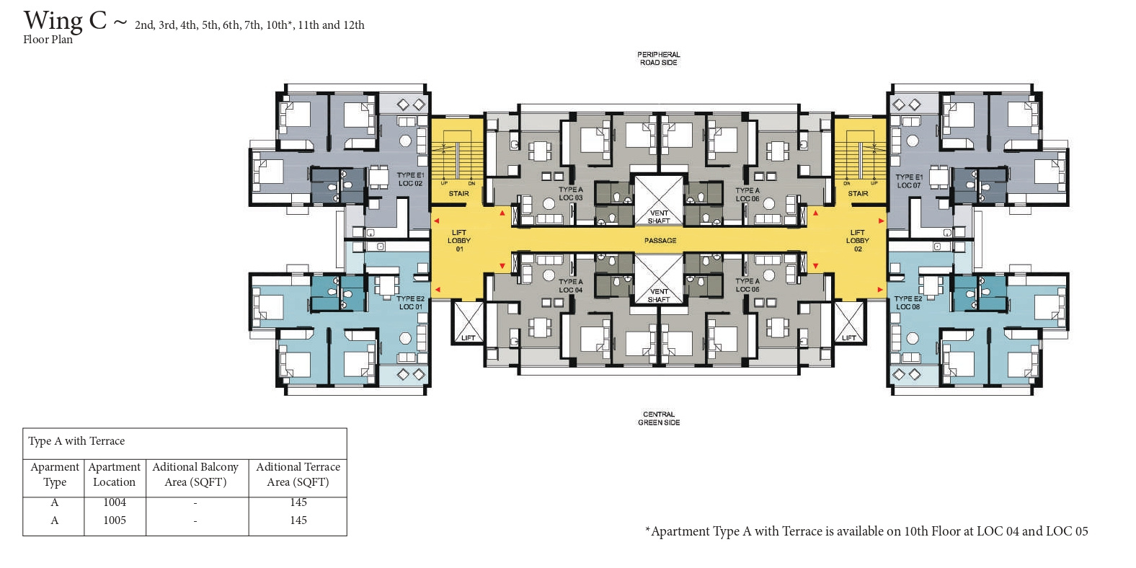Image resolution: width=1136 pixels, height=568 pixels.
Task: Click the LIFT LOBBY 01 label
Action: click(459, 241)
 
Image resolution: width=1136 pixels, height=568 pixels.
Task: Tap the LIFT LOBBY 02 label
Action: click(858, 241)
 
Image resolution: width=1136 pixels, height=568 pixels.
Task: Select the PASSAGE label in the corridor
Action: click(660, 240)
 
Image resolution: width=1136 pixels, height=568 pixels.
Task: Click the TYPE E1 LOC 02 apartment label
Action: click(410, 179)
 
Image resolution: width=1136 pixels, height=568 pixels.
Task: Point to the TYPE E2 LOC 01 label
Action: click(410, 303)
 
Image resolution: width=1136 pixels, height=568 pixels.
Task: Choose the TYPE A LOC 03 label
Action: click(571, 194)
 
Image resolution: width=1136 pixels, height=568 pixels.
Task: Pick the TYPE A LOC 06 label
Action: click(747, 194)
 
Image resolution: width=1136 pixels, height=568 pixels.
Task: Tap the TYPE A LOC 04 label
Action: click(571, 285)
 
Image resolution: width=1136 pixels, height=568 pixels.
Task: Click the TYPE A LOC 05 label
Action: click(747, 285)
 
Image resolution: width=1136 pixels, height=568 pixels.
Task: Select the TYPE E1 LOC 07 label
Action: click(909, 181)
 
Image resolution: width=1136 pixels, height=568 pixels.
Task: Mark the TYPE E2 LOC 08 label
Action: click(908, 303)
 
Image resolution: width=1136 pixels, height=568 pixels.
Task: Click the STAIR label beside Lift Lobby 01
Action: click(458, 193)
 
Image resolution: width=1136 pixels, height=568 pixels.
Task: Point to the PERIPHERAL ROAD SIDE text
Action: click(658, 58)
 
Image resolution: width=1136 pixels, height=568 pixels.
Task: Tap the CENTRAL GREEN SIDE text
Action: click(659, 418)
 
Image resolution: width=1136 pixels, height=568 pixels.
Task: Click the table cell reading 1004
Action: click(115, 502)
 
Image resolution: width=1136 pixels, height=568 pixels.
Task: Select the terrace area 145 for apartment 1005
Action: click(298, 520)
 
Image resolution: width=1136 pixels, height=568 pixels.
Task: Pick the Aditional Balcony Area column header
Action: click(195, 474)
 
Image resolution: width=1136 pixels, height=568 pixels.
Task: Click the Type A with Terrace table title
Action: click(76, 440)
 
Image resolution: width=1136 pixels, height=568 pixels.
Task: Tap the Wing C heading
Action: click(65, 21)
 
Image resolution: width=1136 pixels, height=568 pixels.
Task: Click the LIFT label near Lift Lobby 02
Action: click(849, 338)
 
